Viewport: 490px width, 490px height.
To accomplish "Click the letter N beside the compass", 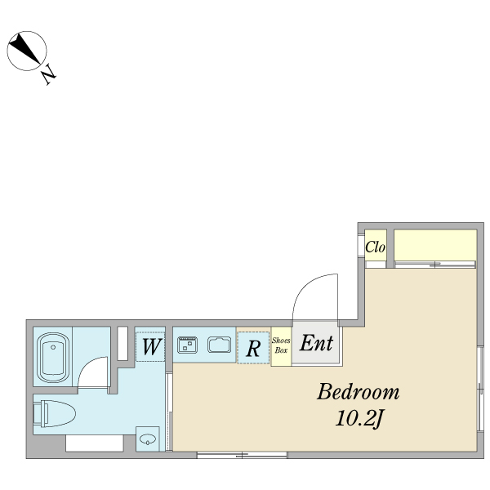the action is coord(49,74).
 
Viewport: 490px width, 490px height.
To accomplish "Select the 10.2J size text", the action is coord(359,418).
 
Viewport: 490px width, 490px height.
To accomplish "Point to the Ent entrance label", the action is coord(316,343).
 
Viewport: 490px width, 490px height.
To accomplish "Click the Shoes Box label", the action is coord(281,345).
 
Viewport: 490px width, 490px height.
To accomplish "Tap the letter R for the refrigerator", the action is coord(253,348).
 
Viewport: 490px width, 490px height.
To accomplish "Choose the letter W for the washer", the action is coord(152,346).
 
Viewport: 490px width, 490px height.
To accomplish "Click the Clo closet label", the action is coord(375,247).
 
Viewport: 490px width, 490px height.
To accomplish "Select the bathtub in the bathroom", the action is coord(53,358).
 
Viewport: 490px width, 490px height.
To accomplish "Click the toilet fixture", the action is coord(55,414).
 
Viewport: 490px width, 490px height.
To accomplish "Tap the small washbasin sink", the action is coord(148,439).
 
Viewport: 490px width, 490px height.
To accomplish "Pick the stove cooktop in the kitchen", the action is coord(187,345).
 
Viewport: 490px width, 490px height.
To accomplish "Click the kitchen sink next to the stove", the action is coord(220,345).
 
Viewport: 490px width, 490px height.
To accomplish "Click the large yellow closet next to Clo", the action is coord(435,245).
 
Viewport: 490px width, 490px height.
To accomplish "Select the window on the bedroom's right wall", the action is coord(480,389).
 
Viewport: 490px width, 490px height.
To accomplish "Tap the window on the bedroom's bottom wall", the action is coord(243,456).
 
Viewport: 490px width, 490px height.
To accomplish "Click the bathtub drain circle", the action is coord(53,347).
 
